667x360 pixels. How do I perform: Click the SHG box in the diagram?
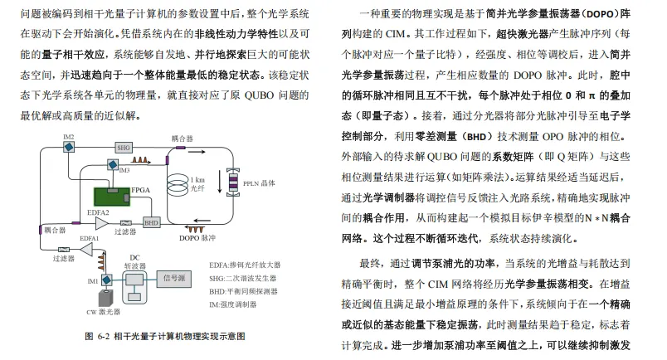(124, 147)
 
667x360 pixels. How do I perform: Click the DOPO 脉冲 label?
(194, 238)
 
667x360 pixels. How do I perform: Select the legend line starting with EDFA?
(249, 266)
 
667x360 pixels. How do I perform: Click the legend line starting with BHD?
(247, 292)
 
